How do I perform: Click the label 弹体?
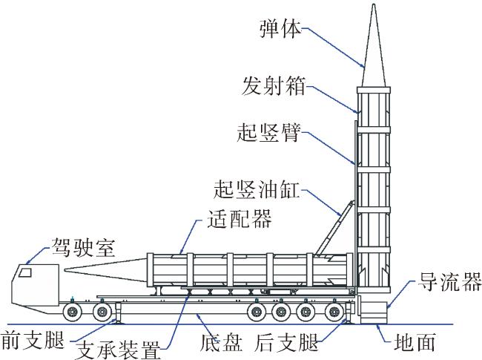pyautogui.click(x=280, y=29)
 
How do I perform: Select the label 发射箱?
pyautogui.click(x=274, y=86)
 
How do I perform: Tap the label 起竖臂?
pyautogui.click(x=268, y=132)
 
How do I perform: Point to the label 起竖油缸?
pyautogui.click(x=257, y=189)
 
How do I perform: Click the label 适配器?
pyautogui.click(x=240, y=218)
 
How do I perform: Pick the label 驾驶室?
pyautogui.click(x=83, y=246)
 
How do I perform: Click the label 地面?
pyautogui.click(x=415, y=341)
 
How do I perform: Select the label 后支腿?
pyautogui.click(x=286, y=341)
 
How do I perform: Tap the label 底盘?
pyautogui.click(x=221, y=341)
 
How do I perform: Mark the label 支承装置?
pyautogui.click(x=118, y=349)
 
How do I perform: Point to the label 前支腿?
pyautogui.click(x=33, y=340)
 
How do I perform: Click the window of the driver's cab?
pyautogui.click(x=25, y=272)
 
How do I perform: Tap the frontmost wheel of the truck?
pyautogui.click(x=73, y=312)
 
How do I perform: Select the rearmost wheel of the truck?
pyautogui.click(x=334, y=312)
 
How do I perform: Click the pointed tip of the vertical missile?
pyautogui.click(x=374, y=4)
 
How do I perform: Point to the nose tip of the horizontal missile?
pyautogui.click(x=65, y=270)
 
